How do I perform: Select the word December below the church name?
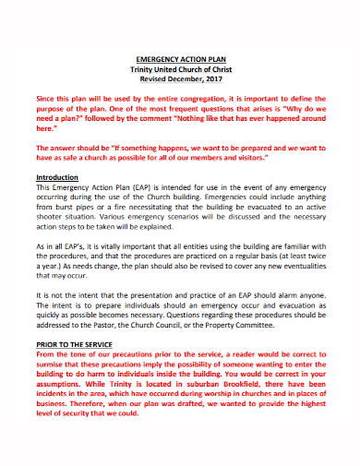180,78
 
